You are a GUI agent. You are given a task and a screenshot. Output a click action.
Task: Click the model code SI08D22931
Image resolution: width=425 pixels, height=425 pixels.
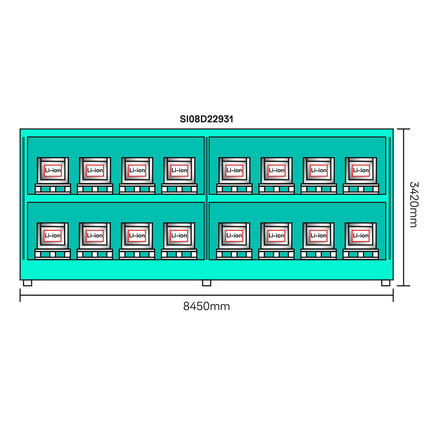[206, 119]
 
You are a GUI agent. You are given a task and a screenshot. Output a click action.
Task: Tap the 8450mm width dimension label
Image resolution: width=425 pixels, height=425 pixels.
[206, 306]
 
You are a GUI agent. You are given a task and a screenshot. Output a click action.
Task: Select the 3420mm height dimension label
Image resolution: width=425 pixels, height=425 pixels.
[413, 204]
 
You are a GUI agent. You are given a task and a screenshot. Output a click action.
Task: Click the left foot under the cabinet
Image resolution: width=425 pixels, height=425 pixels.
[28, 283]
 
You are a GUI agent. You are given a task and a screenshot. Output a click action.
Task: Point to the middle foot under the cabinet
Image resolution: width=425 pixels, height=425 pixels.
[206, 283]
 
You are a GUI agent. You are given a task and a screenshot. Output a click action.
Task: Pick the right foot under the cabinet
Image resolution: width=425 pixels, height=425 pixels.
[386, 283]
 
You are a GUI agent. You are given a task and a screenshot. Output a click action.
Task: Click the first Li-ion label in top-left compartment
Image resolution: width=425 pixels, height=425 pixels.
[53, 170]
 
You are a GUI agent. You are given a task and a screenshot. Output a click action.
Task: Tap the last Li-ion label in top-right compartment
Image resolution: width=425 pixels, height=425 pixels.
[361, 170]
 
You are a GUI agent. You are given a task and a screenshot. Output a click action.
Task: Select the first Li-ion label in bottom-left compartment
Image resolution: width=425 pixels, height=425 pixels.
[53, 236]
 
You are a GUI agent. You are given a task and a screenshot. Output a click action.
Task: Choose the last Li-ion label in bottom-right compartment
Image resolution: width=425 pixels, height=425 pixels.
[361, 236]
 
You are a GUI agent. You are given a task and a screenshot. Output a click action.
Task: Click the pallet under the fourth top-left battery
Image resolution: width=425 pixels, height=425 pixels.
[179, 188]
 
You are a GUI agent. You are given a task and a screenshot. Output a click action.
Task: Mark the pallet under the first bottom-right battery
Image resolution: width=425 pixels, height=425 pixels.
[234, 254]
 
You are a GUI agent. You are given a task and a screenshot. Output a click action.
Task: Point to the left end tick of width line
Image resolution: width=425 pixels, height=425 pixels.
[20, 295]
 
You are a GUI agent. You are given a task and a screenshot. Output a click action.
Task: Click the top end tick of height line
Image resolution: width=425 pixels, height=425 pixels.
[404, 129]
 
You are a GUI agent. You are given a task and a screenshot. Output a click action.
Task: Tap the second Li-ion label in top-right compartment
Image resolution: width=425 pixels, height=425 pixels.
[276, 170]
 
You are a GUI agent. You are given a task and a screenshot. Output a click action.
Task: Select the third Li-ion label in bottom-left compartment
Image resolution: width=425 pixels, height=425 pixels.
[137, 236]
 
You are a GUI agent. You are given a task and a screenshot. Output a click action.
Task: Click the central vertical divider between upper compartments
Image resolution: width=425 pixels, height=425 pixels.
[206, 165]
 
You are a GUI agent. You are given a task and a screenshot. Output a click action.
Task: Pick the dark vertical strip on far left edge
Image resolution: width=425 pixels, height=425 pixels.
[24, 198]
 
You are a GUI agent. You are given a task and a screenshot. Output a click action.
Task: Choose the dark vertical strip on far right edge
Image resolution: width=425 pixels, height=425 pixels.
[390, 198]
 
